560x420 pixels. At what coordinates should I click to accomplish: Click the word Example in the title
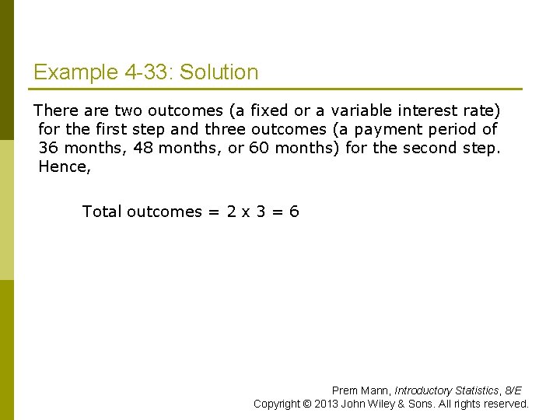75,73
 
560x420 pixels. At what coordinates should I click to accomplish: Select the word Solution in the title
219,73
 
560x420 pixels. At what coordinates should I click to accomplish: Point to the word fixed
269,111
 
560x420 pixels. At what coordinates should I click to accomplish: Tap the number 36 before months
48,149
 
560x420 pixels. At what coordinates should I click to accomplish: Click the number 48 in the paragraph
144,149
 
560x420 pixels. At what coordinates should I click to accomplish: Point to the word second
427,149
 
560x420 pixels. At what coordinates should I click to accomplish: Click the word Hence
62,167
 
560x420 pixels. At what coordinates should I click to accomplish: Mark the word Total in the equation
102,212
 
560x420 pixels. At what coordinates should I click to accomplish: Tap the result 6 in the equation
294,212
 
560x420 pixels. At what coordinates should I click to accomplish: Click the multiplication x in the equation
246,212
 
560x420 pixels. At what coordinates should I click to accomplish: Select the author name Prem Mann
360,390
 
